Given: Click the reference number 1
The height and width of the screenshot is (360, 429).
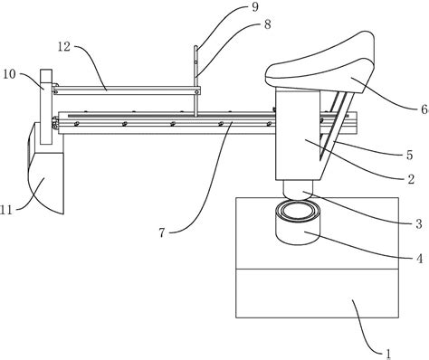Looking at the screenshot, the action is pyautogui.click(x=388, y=354).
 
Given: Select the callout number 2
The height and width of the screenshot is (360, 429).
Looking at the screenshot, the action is pyautogui.click(x=411, y=179).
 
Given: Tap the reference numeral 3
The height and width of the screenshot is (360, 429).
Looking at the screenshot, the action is pyautogui.click(x=418, y=224).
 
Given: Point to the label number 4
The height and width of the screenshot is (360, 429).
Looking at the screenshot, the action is pyautogui.click(x=419, y=259).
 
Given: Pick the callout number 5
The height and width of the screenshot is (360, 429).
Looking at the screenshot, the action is pyautogui.click(x=409, y=155).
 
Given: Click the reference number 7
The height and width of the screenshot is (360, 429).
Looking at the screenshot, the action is pyautogui.click(x=162, y=232).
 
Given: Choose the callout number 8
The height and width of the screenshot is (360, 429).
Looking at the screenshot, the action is pyautogui.click(x=267, y=24).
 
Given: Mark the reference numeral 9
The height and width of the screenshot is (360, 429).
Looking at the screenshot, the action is pyautogui.click(x=255, y=7).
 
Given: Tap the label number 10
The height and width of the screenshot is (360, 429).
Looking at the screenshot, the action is pyautogui.click(x=9, y=74).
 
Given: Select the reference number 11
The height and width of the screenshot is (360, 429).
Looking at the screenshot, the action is pyautogui.click(x=6, y=210).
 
